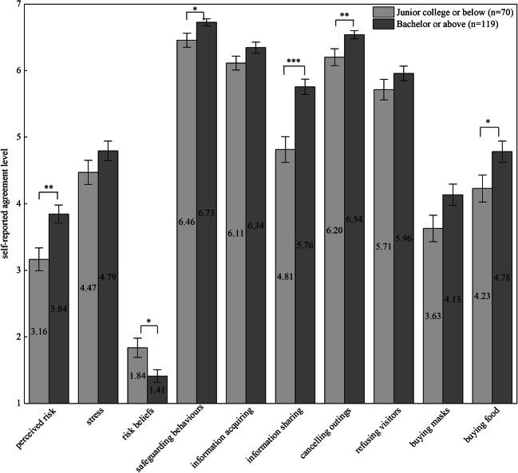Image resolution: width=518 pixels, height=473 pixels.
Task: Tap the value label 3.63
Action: click(433, 314)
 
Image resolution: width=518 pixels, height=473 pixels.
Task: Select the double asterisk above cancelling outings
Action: click(345, 15)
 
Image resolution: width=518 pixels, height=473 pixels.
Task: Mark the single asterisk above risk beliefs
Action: click(148, 323)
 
